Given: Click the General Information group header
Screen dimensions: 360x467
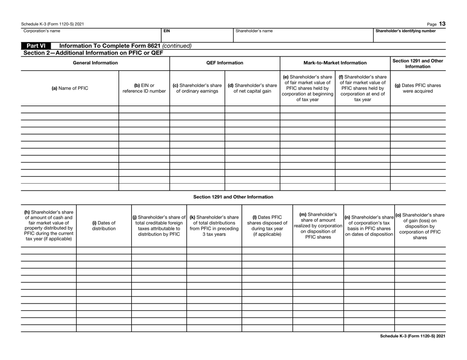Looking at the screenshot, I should point(95,63).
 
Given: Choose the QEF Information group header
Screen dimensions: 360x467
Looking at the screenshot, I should point(224,63).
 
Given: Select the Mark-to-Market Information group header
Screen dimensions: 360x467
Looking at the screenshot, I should point(334,63).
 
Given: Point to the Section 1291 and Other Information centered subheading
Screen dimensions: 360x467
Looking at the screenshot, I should point(233,197).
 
